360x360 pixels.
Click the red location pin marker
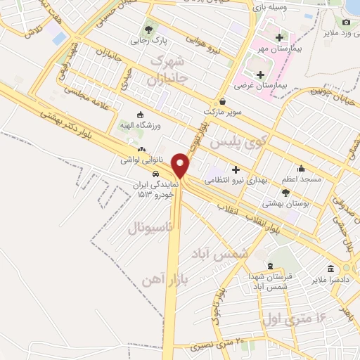click(181, 165)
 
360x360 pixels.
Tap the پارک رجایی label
click(145, 41)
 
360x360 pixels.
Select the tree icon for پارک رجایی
click(148, 30)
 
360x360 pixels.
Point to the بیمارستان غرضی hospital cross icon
click(261, 74)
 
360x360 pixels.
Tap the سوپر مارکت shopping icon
click(222, 101)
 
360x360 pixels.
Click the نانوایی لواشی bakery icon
click(143, 149)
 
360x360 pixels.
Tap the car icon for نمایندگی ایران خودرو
click(155, 174)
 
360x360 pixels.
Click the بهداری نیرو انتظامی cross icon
click(236, 169)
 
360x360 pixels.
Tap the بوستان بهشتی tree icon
click(285, 192)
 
